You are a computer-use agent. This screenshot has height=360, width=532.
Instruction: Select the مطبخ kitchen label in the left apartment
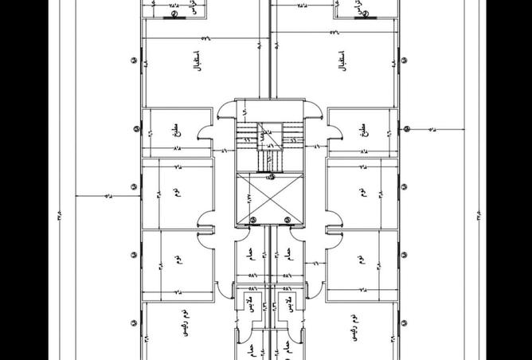pos(174,129)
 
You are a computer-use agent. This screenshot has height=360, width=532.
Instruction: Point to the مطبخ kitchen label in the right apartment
pos(364,129)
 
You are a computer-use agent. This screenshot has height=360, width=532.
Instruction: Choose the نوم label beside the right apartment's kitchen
pos(363,193)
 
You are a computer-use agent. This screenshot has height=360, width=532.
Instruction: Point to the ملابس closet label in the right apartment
pos(291,304)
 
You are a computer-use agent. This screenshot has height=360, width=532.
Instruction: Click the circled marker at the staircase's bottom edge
pos(270,177)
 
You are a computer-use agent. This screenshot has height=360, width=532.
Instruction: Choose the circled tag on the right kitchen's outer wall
pos(405,129)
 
